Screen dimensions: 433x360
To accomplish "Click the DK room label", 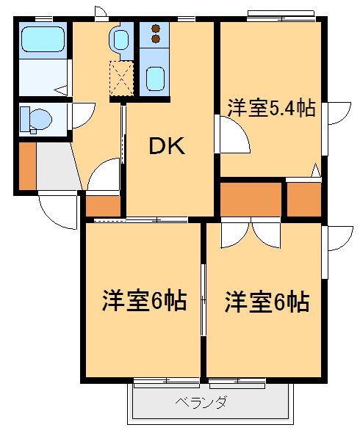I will tap(168, 146).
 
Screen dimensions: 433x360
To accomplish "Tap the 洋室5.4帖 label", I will tap(270, 109).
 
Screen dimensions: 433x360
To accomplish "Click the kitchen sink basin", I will tap(154, 77).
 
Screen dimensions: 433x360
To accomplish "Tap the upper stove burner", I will tap(155, 29).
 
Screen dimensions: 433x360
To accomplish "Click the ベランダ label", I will tap(200, 402).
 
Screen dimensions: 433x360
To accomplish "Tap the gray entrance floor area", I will tap(56, 167).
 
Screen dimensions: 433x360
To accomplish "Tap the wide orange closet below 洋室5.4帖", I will tap(251, 198).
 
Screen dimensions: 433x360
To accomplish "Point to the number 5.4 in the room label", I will tap(284, 109).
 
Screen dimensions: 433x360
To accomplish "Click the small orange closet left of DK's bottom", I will tap(103, 205).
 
